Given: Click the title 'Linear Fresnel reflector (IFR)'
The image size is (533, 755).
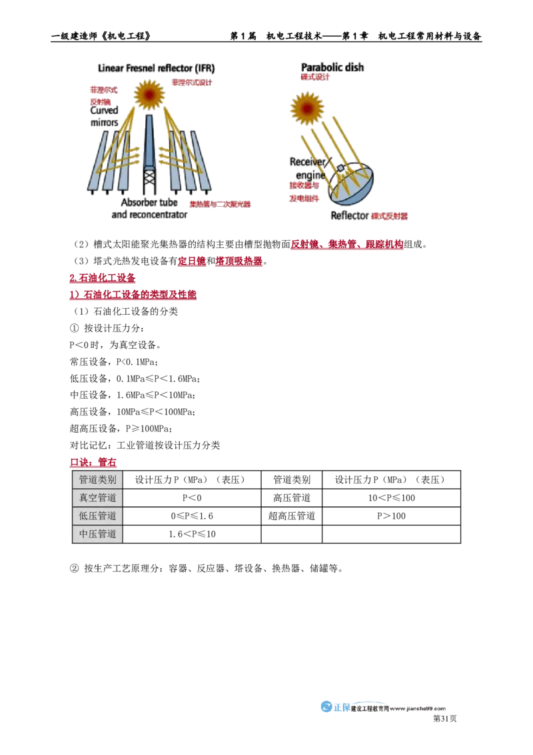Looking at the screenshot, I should click(157, 68).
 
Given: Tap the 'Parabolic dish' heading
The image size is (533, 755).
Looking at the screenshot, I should click(333, 67).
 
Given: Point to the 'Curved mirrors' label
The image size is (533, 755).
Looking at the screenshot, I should click(105, 116).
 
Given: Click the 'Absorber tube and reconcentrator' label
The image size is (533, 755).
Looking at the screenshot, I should click(149, 208).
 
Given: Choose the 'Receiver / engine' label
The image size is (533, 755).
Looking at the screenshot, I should click(308, 169).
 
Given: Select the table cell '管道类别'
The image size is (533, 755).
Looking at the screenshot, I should click(97, 480).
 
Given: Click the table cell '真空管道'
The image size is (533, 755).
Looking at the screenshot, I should click(97, 498).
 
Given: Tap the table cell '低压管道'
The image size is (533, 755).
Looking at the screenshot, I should click(97, 516).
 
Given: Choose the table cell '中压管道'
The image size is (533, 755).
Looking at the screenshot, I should click(97, 534).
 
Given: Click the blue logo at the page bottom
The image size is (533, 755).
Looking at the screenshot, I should click(335, 708).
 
